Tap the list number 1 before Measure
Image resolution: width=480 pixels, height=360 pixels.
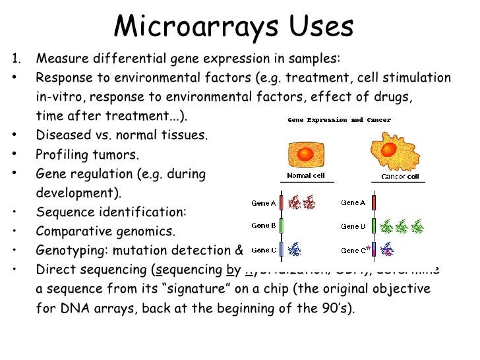click(x=15, y=59)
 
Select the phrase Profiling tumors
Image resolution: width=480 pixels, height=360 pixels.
click(x=87, y=155)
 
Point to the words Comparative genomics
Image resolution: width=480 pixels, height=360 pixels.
click(x=105, y=231)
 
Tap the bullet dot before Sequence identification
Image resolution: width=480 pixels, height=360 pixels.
click(x=15, y=212)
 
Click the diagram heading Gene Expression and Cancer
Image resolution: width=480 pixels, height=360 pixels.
click(x=339, y=120)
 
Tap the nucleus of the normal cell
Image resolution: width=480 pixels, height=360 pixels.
click(x=305, y=154)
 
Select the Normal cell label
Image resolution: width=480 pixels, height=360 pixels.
click(x=305, y=176)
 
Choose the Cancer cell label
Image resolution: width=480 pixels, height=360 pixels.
click(x=400, y=177)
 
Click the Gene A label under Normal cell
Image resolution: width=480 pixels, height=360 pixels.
click(x=264, y=203)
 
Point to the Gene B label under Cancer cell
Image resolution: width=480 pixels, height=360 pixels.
click(x=353, y=227)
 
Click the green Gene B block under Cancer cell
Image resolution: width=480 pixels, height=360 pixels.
click(x=373, y=226)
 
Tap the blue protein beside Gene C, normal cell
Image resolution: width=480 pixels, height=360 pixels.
click(x=296, y=249)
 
